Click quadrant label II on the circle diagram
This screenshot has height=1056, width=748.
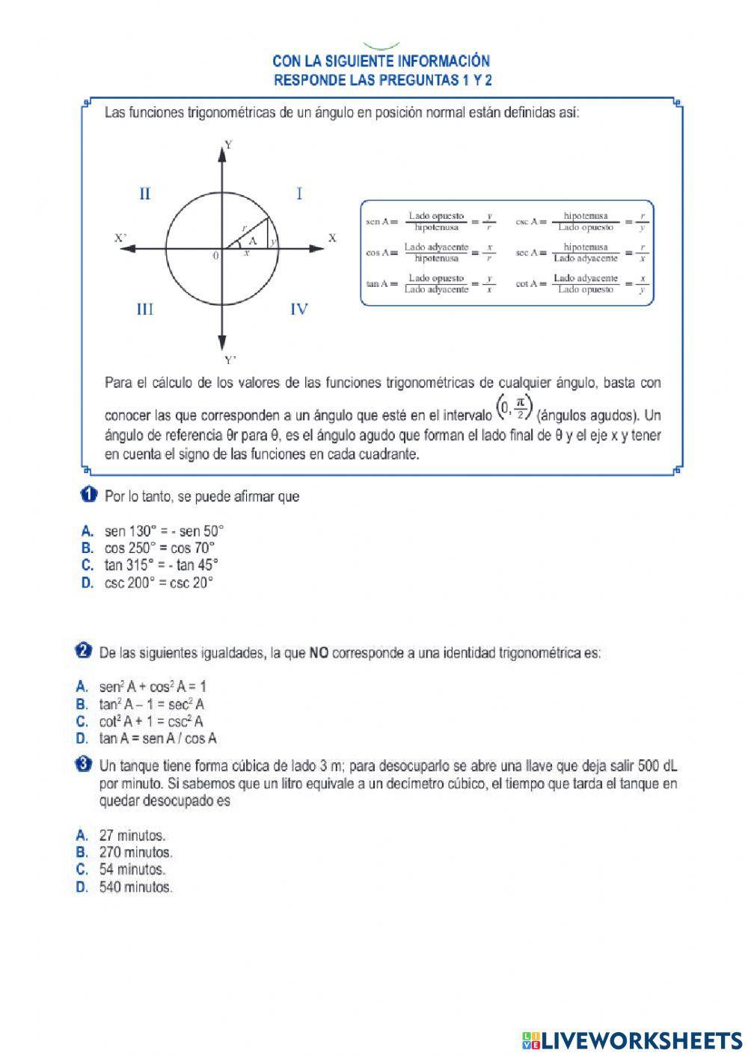tap(145, 194)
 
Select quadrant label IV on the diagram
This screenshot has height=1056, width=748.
tap(298, 309)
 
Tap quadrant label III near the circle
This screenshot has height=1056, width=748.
tap(145, 309)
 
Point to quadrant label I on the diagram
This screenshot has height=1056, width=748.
tap(299, 194)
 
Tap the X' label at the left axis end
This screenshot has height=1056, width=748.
tap(120, 238)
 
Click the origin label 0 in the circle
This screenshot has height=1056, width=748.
tap(215, 256)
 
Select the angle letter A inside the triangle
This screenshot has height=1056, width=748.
tap(252, 241)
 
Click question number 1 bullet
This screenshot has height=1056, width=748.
tap(88, 495)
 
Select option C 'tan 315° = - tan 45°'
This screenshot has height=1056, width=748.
tap(161, 565)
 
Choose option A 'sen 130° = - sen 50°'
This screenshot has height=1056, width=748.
tap(164, 531)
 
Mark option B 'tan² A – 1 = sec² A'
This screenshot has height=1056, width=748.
tap(152, 704)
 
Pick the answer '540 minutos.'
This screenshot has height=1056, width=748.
tap(135, 888)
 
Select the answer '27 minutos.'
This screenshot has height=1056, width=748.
tap(132, 836)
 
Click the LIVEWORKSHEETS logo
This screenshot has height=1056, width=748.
tap(632, 1040)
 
